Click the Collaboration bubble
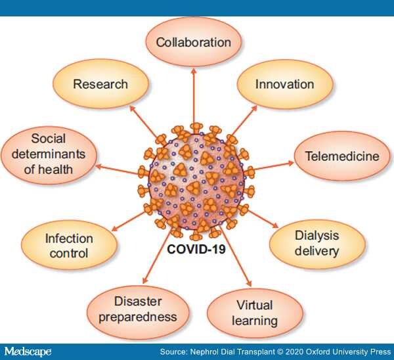(x=194, y=42)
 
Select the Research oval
(x=100, y=84)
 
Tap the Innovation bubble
(x=285, y=85)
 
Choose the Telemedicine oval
(x=342, y=156)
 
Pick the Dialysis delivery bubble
(x=317, y=244)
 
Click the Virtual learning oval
(x=255, y=313)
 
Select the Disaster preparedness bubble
(x=138, y=309)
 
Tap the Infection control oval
(x=69, y=245)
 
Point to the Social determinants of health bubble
(x=49, y=154)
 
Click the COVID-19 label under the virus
(x=196, y=250)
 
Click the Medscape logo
(x=28, y=351)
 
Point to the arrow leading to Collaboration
(x=194, y=96)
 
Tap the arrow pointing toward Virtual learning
(x=236, y=256)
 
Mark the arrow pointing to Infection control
(x=128, y=221)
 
